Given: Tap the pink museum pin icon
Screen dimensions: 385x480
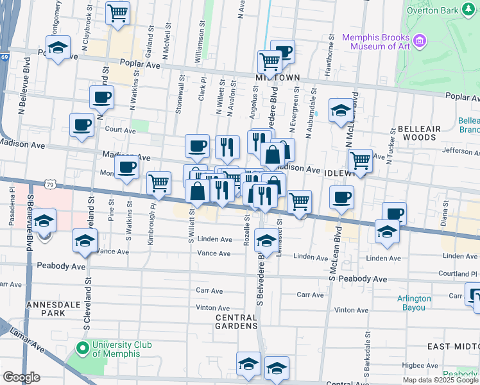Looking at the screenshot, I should coord(420,42).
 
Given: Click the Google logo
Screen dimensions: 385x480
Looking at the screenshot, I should coord(21,377).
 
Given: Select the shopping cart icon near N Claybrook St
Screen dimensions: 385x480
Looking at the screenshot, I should coord(117,13).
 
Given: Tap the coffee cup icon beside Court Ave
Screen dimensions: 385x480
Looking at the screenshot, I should coord(81,124).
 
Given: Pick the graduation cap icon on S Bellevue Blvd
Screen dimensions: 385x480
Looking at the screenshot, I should coord(44,221).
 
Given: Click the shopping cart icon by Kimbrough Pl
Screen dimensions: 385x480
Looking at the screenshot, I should coord(159,184).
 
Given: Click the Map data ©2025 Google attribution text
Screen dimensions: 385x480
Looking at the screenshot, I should coord(440,380).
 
